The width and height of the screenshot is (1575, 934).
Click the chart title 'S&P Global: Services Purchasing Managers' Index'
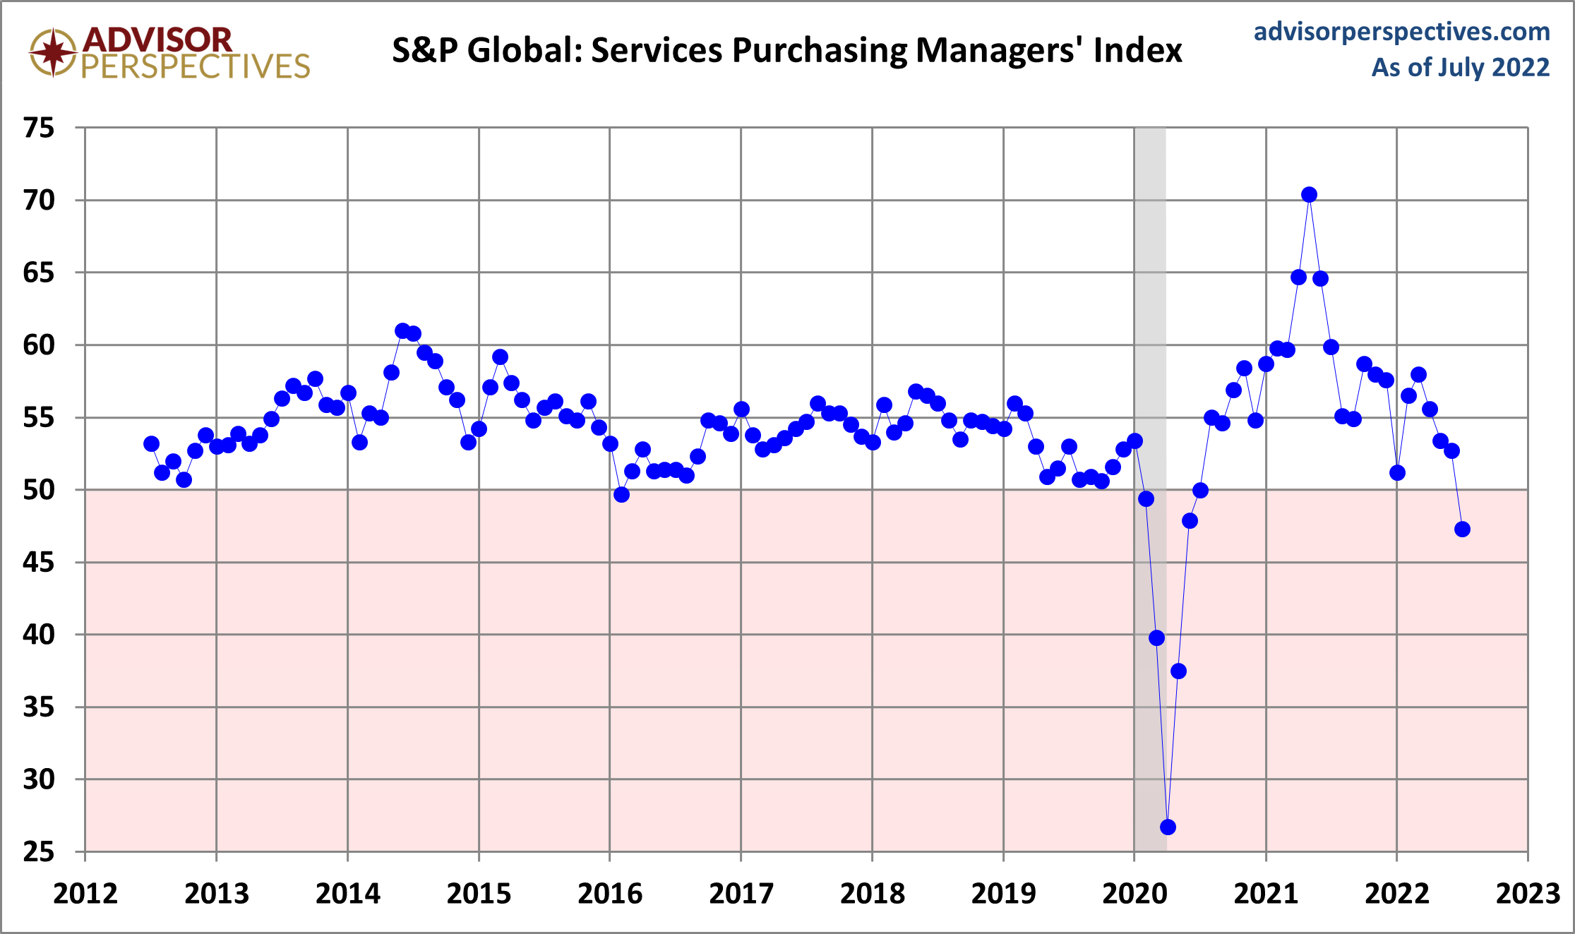(x=786, y=51)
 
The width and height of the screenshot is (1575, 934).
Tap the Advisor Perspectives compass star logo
(x=53, y=52)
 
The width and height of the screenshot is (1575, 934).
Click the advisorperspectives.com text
(x=1401, y=32)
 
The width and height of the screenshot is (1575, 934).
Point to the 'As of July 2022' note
(x=1460, y=68)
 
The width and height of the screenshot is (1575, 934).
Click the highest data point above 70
(x=1309, y=195)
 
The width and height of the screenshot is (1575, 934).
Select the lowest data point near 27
(x=1168, y=827)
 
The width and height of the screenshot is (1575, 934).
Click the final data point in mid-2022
(x=1462, y=529)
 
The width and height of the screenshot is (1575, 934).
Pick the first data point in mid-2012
(x=151, y=444)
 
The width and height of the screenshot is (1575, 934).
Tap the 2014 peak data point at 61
(x=402, y=330)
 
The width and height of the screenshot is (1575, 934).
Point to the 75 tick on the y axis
(x=39, y=128)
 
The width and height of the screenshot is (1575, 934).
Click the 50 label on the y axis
(x=39, y=490)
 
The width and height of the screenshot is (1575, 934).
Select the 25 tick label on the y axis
(x=39, y=852)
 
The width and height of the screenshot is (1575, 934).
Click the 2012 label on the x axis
(x=85, y=894)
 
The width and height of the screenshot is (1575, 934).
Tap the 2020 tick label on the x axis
(x=1134, y=894)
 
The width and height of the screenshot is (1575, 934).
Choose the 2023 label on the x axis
(x=1528, y=894)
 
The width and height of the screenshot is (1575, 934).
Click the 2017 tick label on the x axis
(x=741, y=894)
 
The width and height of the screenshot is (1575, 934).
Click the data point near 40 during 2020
(x=1156, y=637)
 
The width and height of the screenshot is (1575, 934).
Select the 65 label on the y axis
(x=39, y=273)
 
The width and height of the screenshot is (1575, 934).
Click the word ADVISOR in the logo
(x=157, y=40)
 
